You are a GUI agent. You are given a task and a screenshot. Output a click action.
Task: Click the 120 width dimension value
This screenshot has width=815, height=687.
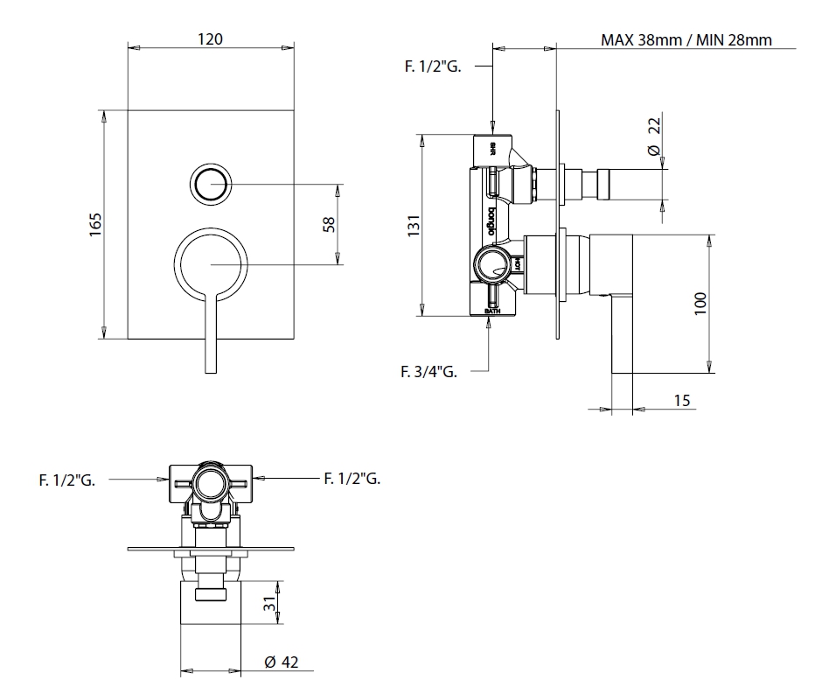coord(211,39)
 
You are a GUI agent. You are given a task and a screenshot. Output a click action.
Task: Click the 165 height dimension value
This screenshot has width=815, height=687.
coord(96,223)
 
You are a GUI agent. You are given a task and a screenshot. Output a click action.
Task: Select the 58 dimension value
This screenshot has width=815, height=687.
coord(329,223)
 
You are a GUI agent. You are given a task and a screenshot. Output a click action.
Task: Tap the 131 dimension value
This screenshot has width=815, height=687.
coord(414,224)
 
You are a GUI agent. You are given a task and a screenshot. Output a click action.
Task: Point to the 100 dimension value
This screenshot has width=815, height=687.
coord(700,303)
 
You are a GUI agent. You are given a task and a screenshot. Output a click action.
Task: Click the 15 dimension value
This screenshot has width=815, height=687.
coord(683,400)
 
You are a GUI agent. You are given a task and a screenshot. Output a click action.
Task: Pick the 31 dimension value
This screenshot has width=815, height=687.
coord(270,603)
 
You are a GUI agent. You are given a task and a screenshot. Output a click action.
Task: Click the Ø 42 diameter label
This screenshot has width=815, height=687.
coord(282,662)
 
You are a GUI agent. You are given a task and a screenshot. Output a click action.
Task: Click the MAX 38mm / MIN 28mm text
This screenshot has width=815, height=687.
coord(686,39)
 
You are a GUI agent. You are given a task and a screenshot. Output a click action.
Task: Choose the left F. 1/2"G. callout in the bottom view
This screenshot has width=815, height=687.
coord(66,479)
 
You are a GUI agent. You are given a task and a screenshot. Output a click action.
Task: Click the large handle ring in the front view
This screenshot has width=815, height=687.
coord(211,263)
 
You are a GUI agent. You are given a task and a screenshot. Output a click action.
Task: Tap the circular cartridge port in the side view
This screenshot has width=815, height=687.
coord(492,263)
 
